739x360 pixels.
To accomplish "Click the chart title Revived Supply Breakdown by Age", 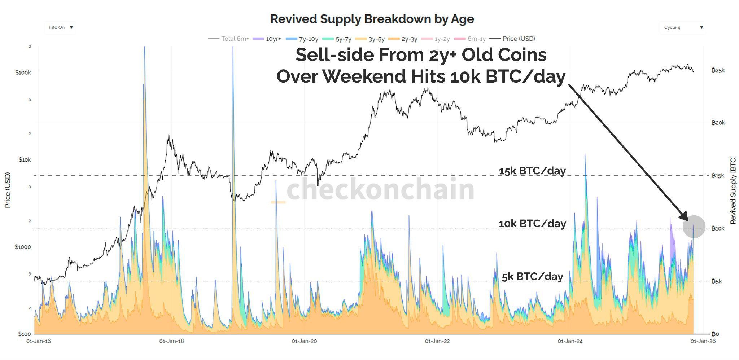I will (372, 19).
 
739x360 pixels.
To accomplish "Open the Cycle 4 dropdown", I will (683, 27).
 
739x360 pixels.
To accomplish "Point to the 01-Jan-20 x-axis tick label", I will (304, 341).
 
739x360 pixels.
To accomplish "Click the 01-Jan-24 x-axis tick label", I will (570, 341).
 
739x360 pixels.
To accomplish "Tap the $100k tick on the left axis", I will (23, 73).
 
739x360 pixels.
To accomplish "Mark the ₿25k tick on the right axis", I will (718, 70).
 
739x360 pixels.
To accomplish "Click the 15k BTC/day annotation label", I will (532, 171).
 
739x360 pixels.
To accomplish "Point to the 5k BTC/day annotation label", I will (532, 276).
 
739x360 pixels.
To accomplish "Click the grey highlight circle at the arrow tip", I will (694, 227).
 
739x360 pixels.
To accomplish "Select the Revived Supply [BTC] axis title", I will (733, 190).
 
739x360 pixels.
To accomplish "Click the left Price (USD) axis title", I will (8, 190).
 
